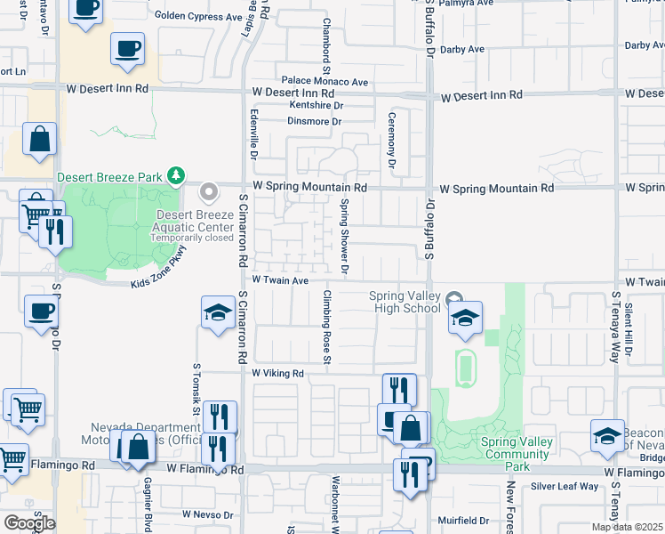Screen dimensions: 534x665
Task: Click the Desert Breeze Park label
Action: pyautogui.click(x=110, y=177)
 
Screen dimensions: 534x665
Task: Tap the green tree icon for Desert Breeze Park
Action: pyautogui.click(x=177, y=176)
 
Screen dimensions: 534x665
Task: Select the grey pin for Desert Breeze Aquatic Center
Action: pyautogui.click(x=210, y=191)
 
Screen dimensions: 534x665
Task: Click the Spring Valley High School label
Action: pyautogui.click(x=405, y=302)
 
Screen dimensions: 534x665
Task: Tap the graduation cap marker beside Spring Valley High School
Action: pyautogui.click(x=464, y=320)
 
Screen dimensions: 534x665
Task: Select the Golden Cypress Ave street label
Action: pyautogui.click(x=198, y=16)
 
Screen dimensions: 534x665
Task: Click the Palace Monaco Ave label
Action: pyautogui.click(x=325, y=80)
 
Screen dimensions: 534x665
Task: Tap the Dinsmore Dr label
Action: pyautogui.click(x=314, y=121)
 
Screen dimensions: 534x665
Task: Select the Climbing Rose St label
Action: pyautogui.click(x=327, y=327)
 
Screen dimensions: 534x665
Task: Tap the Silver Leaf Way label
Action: pyautogui.click(x=565, y=486)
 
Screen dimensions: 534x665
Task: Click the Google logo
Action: pyautogui.click(x=29, y=522)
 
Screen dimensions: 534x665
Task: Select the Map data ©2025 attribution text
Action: pyautogui.click(x=628, y=527)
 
